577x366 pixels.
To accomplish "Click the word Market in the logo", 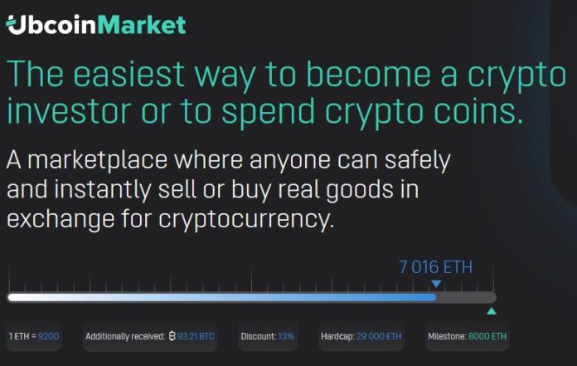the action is click(142, 25).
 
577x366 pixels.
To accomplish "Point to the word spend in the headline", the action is click(269, 112).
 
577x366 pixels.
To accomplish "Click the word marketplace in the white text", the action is click(98, 161).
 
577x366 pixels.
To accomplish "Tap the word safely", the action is click(418, 160).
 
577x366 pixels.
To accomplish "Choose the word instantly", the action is click(103, 189).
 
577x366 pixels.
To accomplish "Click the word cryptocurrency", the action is click(246, 220).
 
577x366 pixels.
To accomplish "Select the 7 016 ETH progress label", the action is click(436, 267).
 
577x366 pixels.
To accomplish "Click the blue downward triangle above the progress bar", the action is click(436, 284).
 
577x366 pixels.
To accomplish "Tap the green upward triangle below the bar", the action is click(492, 311).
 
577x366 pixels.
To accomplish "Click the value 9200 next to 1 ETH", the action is click(48, 336).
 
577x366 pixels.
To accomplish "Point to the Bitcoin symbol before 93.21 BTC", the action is click(172, 336).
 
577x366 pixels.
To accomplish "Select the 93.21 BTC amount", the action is click(196, 336).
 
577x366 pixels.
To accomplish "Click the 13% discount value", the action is click(286, 336).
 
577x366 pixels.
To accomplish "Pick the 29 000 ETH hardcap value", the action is click(379, 336).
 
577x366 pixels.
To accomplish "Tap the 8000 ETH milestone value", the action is click(487, 336).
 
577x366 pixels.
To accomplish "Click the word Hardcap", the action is click(337, 336).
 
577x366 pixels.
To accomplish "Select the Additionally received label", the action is click(125, 336).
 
